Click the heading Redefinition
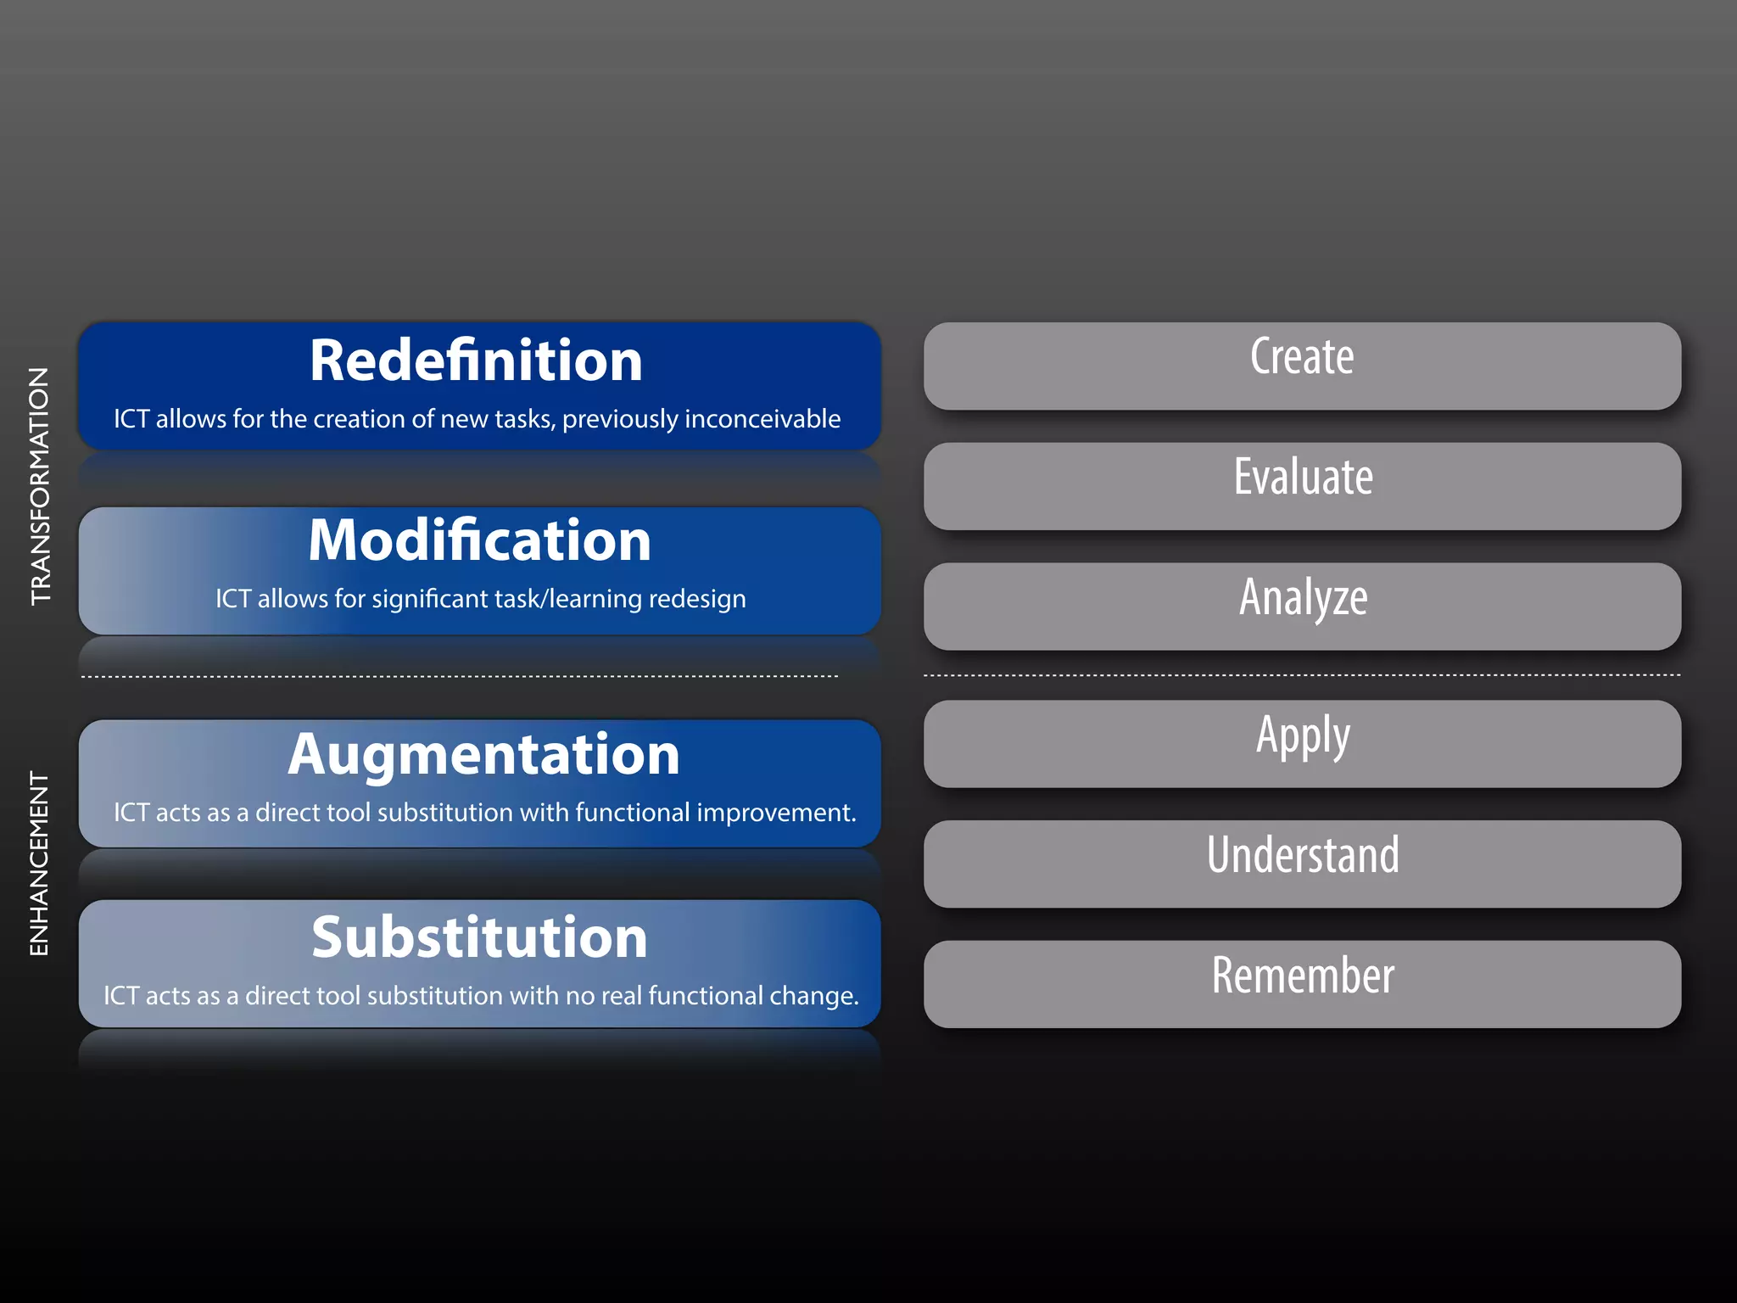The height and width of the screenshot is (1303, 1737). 476,361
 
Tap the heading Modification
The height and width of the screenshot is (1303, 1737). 479,540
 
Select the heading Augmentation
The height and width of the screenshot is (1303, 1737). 483,754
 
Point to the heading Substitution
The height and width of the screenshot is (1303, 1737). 479,937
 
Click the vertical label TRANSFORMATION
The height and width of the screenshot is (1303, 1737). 40,486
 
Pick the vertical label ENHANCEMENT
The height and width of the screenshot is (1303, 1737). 39,864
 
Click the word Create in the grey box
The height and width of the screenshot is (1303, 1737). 1302,356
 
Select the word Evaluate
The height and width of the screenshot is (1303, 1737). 1303,477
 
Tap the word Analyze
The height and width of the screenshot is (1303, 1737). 1303,597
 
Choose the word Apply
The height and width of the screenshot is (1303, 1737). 1303,735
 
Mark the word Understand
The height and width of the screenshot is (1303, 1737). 1303,855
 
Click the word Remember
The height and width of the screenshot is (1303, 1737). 1303,976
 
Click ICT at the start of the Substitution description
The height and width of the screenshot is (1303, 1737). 121,996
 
